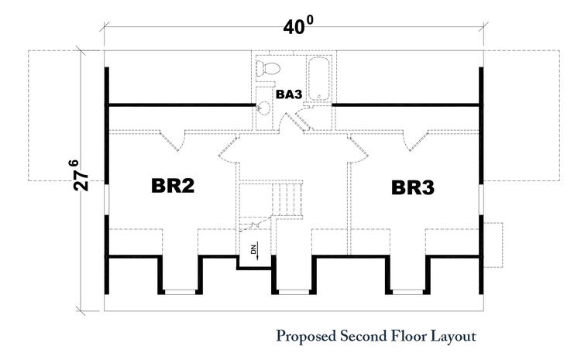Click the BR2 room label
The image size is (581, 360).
point(173,186)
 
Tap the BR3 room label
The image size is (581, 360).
point(413,187)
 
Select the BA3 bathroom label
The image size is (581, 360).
point(289,94)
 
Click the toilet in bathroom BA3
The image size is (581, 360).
point(268,69)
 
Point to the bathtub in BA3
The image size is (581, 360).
point(318,78)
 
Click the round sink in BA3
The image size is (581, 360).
point(264,108)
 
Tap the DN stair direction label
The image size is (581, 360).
point(254,249)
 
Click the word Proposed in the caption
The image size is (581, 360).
point(306,337)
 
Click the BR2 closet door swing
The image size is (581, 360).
point(172,140)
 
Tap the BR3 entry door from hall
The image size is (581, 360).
point(359,150)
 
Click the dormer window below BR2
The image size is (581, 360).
point(180,292)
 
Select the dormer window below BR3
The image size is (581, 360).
point(407,292)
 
